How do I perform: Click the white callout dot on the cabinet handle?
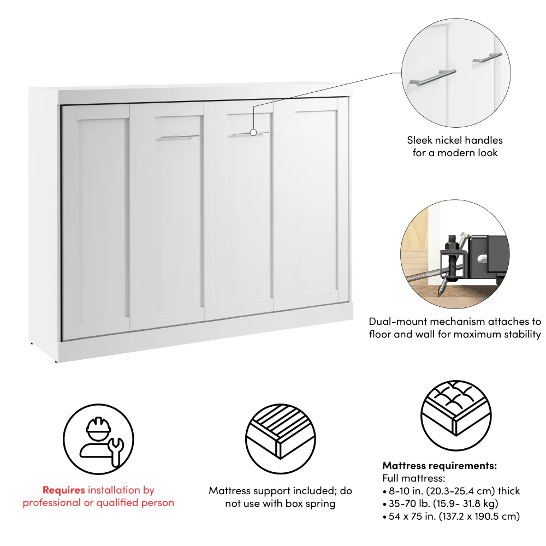pyautogui.click(x=253, y=132)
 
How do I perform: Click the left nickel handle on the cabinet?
pyautogui.click(x=180, y=137)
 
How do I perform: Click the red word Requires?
pyautogui.click(x=63, y=490)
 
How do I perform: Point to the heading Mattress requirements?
pyautogui.click(x=440, y=466)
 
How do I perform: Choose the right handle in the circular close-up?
pyautogui.click(x=487, y=57)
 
